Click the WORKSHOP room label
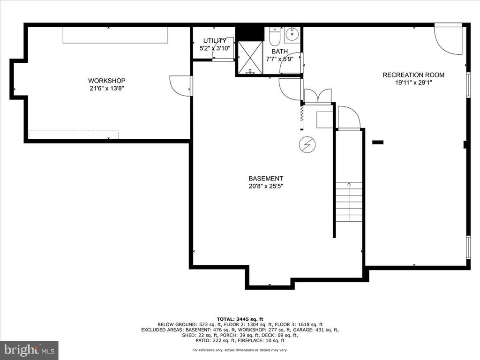(107, 81)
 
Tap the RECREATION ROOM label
(413, 75)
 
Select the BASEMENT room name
(266, 179)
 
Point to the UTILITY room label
(215, 40)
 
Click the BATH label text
(279, 52)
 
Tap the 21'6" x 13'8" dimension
(107, 89)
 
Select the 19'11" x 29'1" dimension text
(413, 82)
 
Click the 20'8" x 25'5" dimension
(266, 186)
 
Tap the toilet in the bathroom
(274, 36)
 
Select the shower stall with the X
(250, 58)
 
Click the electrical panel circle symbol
(307, 144)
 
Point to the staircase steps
(349, 202)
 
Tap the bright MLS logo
(30, 350)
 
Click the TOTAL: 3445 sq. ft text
(240, 319)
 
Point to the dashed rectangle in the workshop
(74, 135)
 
